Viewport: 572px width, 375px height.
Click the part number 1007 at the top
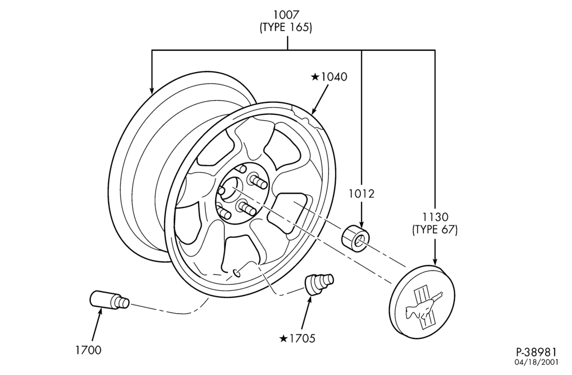click(x=287, y=15)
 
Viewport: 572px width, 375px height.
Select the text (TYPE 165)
click(x=286, y=27)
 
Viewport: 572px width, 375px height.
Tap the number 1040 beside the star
click(x=334, y=77)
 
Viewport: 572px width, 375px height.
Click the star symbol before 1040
click(x=315, y=77)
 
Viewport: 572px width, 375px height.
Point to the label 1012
click(x=361, y=194)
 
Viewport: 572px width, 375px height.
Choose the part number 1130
click(x=435, y=217)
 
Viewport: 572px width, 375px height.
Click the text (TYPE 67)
click(x=435, y=230)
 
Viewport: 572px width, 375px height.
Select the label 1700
click(x=88, y=350)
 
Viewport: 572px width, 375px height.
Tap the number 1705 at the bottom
click(x=302, y=338)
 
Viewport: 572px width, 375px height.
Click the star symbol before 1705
click(x=284, y=338)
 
